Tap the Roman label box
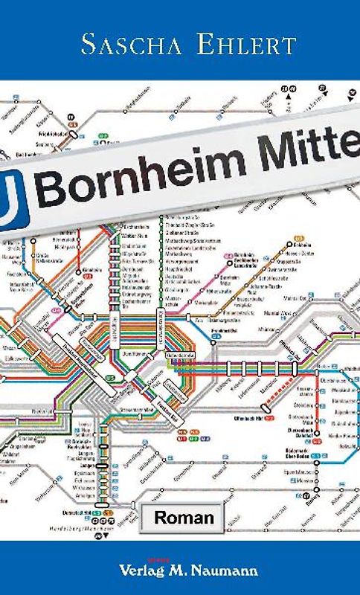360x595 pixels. [184, 518]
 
